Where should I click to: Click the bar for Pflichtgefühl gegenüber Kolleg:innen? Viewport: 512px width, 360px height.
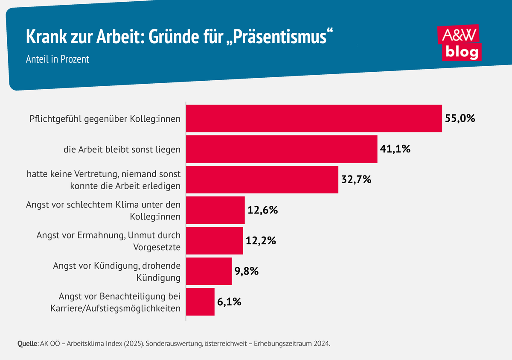click(314, 118)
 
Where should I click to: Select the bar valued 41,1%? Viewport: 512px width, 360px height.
click(282, 149)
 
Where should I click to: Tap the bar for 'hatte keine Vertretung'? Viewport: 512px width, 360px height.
click(262, 180)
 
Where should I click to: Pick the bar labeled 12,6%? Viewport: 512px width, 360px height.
click(215, 210)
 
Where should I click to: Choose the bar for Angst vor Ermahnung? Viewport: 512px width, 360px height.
click(215, 241)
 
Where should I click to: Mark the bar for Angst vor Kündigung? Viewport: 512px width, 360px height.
click(209, 271)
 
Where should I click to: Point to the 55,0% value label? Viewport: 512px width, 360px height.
click(460, 118)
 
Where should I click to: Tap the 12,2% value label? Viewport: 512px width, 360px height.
click(261, 241)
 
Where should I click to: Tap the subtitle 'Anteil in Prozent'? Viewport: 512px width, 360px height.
click(58, 59)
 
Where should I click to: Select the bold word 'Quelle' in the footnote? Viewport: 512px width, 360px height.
click(27, 343)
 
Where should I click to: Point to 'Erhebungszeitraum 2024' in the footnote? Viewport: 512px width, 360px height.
click(293, 343)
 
